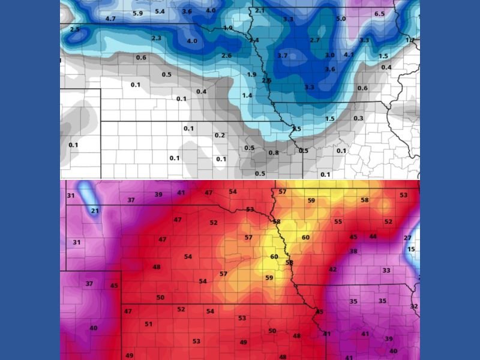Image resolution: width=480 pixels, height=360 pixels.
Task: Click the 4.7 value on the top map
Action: click(x=110, y=19)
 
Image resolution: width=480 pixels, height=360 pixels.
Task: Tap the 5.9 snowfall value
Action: click(x=137, y=14)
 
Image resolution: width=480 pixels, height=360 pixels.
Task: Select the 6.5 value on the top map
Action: click(x=380, y=14)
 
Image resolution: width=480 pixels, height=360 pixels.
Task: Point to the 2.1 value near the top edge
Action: click(x=260, y=11)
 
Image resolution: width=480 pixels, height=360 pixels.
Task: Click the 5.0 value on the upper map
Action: click(x=341, y=19)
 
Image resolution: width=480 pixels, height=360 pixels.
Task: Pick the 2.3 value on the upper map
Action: click(x=157, y=38)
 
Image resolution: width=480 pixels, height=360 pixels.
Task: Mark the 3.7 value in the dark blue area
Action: click(x=283, y=56)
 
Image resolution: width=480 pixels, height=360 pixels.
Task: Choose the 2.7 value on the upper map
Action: click(x=315, y=40)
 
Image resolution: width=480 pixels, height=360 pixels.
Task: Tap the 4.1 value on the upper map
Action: click(x=349, y=55)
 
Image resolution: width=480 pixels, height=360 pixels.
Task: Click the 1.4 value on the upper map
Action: click(x=247, y=96)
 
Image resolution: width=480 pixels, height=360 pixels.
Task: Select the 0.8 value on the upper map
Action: click(x=274, y=153)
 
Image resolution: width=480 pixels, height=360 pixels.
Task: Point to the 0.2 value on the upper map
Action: click(x=220, y=136)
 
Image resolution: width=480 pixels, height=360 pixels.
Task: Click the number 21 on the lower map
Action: click(x=95, y=211)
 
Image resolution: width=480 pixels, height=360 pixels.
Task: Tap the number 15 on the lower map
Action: click(x=411, y=250)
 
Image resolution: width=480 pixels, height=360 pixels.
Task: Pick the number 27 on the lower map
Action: click(x=407, y=239)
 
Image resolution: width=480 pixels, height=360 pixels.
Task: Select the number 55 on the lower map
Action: click(x=338, y=222)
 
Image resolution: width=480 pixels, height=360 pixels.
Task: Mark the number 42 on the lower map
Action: click(x=333, y=270)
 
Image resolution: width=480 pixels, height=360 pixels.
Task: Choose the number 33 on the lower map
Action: click(x=386, y=271)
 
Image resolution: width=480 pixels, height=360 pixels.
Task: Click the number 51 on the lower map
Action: click(x=149, y=324)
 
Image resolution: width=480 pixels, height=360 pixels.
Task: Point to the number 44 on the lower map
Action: click(x=373, y=237)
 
